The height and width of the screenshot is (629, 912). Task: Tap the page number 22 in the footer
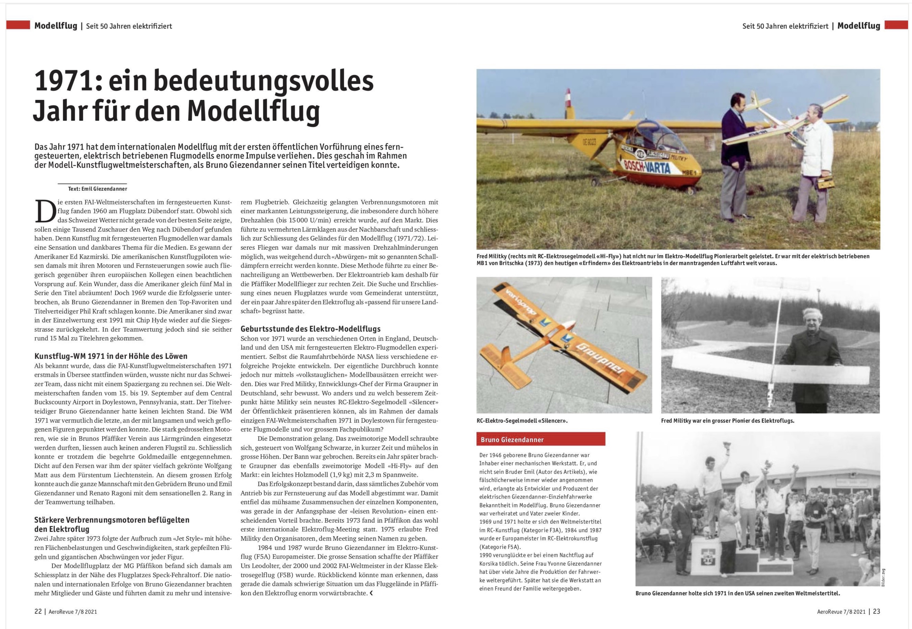tap(38, 611)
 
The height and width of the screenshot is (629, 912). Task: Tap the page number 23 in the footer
tap(876, 611)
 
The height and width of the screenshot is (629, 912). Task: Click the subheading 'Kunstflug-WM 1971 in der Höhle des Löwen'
tap(111, 356)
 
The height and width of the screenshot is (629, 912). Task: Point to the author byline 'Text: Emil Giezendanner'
tap(98, 189)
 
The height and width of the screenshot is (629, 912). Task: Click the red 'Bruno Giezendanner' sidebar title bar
tap(540, 439)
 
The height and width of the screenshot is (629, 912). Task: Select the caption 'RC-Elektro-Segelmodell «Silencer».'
tap(522, 421)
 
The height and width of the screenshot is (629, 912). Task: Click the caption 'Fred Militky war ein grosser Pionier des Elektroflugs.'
tap(727, 421)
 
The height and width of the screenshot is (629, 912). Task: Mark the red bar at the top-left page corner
tap(18, 25)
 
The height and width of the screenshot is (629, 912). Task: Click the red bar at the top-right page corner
tap(896, 25)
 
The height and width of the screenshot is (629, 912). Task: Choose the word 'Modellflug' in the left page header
tap(56, 26)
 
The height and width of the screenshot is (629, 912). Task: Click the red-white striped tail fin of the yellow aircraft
tap(568, 97)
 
